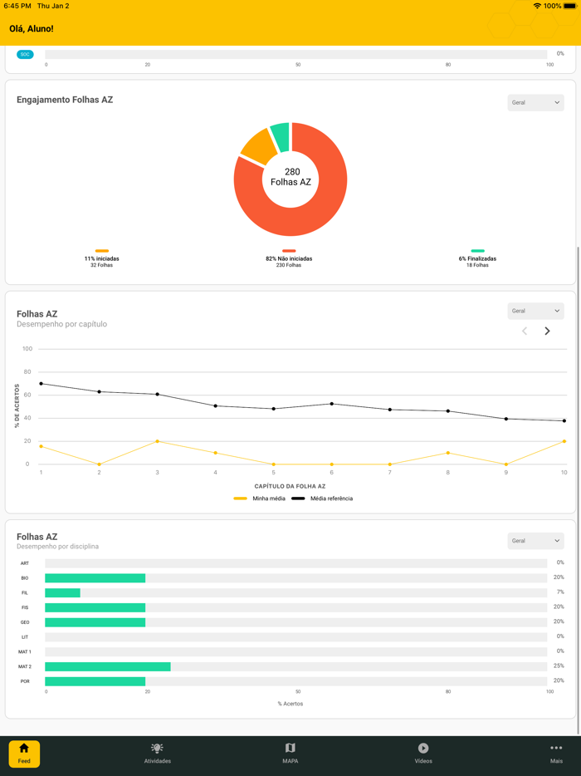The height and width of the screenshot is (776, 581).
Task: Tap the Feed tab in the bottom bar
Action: coord(24,754)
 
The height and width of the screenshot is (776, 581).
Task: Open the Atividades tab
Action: coord(157,754)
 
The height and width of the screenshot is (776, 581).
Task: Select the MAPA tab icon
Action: coord(290,749)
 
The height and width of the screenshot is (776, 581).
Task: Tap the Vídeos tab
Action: coord(423,754)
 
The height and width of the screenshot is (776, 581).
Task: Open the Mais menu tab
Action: coord(556,754)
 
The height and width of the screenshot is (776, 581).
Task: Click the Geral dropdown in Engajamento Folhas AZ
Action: coord(535,102)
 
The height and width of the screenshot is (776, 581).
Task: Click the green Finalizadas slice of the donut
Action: coord(281,137)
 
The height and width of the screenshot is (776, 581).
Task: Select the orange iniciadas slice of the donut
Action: coord(258,147)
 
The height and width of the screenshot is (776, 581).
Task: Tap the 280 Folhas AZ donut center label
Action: coord(291,177)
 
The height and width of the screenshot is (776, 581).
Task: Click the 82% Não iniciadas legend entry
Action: coord(289,258)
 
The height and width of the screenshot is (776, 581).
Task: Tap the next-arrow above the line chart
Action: coord(547,331)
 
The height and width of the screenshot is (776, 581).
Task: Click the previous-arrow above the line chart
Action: coord(525,331)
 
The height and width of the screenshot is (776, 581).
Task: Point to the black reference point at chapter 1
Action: coord(41,384)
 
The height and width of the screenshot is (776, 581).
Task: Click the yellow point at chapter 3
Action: coord(158,441)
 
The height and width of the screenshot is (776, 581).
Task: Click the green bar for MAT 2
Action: coord(108,666)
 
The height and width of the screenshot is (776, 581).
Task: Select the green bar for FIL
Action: coord(62,592)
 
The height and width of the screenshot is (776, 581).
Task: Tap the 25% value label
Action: coord(559,666)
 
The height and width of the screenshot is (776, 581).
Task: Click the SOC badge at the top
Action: coord(25,54)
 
